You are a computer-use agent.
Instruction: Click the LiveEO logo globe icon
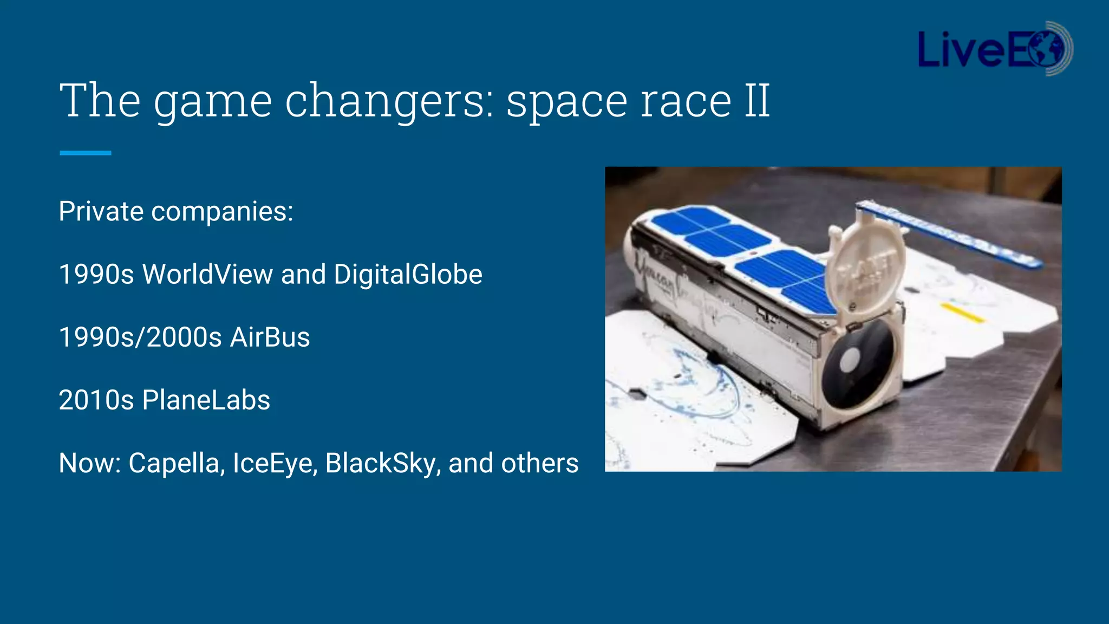(1051, 49)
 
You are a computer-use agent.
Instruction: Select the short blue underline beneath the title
(85, 153)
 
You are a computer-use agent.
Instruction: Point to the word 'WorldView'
(207, 274)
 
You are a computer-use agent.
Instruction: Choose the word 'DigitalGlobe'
(408, 274)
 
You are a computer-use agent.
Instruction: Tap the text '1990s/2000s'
(140, 337)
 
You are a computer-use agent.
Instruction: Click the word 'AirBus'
(270, 337)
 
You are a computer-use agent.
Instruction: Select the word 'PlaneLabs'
(206, 400)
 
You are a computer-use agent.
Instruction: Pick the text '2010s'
(96, 400)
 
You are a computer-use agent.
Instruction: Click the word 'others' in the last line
(539, 464)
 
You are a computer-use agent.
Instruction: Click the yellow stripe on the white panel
(962, 313)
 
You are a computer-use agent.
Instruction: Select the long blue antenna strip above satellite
(948, 233)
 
